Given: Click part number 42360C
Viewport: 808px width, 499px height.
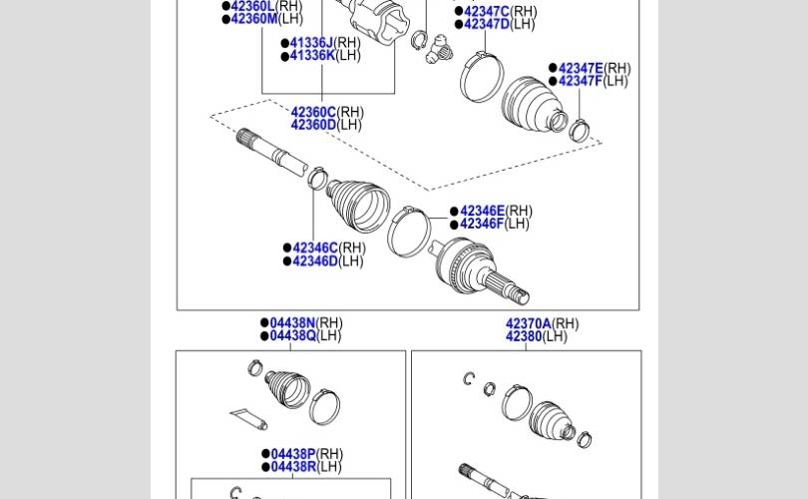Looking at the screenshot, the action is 313,112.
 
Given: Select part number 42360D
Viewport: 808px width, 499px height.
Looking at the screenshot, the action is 313,125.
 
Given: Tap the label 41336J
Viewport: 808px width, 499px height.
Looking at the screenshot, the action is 311,42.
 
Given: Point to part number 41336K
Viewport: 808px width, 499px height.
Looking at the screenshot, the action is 312,55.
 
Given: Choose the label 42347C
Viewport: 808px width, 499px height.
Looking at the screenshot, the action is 487,11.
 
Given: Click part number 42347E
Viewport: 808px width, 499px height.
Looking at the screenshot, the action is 581,68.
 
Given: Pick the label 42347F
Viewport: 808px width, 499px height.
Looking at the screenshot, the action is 581,81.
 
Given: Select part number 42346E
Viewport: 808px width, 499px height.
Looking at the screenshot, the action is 483,211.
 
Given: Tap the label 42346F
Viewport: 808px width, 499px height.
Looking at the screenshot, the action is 482,224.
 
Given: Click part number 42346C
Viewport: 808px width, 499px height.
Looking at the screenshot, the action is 315,248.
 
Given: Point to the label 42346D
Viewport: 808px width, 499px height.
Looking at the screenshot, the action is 315,260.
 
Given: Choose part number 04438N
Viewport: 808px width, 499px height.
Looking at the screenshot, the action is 292,322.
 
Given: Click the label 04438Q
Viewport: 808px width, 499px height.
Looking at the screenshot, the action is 292,335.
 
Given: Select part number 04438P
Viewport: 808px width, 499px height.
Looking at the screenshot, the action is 293,454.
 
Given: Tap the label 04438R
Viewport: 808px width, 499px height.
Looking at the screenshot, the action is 293,466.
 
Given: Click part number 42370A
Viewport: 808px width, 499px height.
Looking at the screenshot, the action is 528,323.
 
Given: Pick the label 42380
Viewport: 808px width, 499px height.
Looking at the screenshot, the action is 524,336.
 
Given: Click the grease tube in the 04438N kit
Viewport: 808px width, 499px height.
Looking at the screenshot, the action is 249,418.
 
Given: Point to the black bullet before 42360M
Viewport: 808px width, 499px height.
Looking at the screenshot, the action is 225,19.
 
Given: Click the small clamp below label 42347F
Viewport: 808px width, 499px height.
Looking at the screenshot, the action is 580,130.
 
